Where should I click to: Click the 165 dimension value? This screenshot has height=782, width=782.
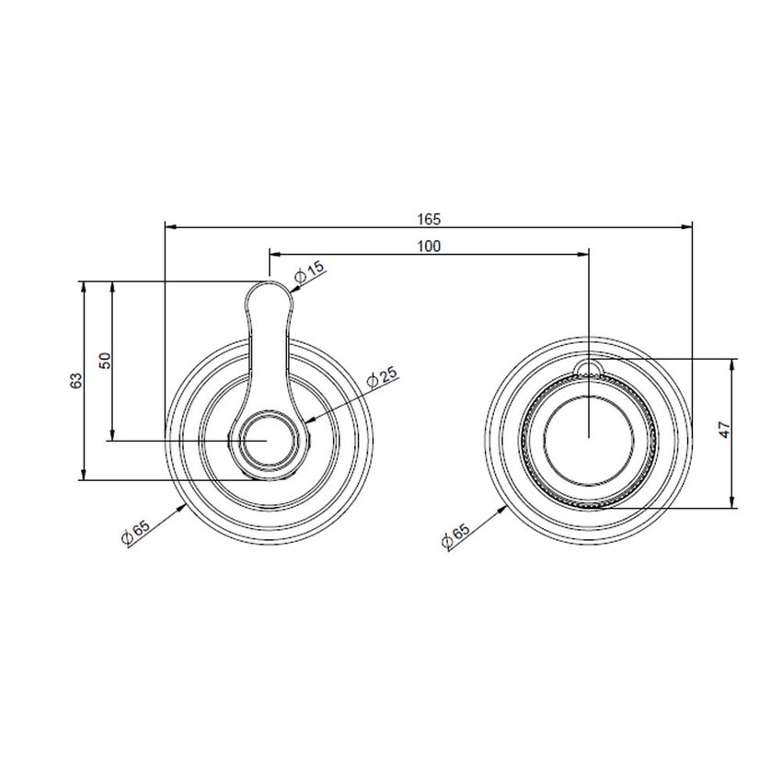(429, 219)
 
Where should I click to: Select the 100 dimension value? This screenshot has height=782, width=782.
(429, 246)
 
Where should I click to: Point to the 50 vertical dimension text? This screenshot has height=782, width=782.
(105, 361)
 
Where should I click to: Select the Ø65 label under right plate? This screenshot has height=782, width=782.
(455, 533)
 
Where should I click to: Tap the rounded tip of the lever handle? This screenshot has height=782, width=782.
(268, 293)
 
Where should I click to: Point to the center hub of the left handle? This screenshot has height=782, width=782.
(268, 441)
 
